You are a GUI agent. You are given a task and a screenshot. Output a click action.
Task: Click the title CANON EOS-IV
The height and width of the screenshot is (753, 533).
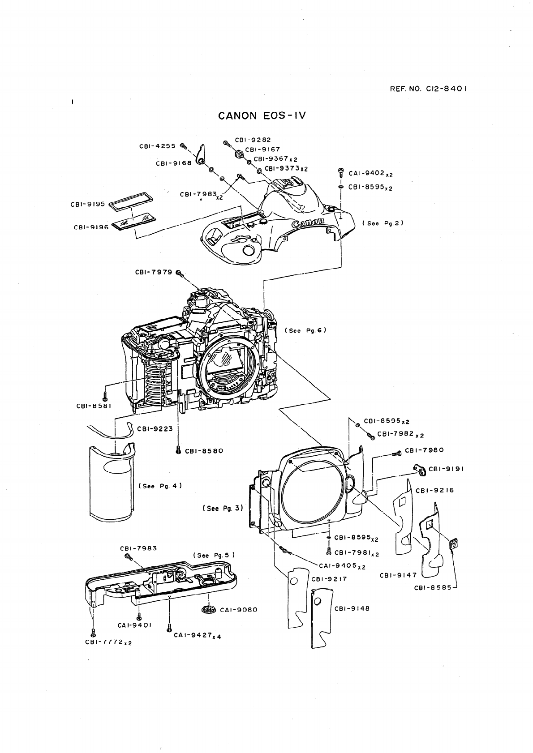pyautogui.click(x=262, y=116)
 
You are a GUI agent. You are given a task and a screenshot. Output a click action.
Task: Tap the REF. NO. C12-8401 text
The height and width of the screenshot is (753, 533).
pyautogui.click(x=429, y=89)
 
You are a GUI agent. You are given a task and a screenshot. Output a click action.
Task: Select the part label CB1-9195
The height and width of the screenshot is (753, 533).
pyautogui.click(x=88, y=204)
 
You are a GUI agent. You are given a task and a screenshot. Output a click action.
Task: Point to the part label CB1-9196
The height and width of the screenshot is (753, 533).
pyautogui.click(x=91, y=227)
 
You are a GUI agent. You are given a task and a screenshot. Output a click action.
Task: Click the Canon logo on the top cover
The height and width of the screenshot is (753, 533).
pyautogui.click(x=308, y=222)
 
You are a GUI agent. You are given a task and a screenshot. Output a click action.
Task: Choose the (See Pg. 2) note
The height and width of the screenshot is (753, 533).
pyautogui.click(x=383, y=223)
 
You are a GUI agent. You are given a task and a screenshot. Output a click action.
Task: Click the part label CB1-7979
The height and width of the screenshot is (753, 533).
pyautogui.click(x=154, y=272)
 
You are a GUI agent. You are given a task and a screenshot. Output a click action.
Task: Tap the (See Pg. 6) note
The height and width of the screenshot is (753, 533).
pyautogui.click(x=305, y=330)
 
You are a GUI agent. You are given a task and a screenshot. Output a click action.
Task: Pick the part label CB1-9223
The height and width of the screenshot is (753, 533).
pyautogui.click(x=155, y=428)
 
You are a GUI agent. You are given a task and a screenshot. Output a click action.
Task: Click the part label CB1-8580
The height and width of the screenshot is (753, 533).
pyautogui.click(x=204, y=451)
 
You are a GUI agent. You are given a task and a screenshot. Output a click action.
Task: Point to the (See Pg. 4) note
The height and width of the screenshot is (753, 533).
pyautogui.click(x=160, y=486)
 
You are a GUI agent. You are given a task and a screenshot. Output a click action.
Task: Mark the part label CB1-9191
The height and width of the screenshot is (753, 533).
pyautogui.click(x=446, y=469)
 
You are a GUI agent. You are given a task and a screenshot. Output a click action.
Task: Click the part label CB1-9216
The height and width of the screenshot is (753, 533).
pyautogui.click(x=435, y=490)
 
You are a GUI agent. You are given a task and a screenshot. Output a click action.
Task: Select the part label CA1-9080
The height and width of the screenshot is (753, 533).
pyautogui.click(x=239, y=610)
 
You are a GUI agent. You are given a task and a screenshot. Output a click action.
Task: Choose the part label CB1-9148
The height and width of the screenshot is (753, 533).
pyautogui.click(x=352, y=609)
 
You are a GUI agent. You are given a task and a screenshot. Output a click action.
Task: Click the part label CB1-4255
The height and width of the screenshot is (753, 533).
pyautogui.click(x=157, y=146)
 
